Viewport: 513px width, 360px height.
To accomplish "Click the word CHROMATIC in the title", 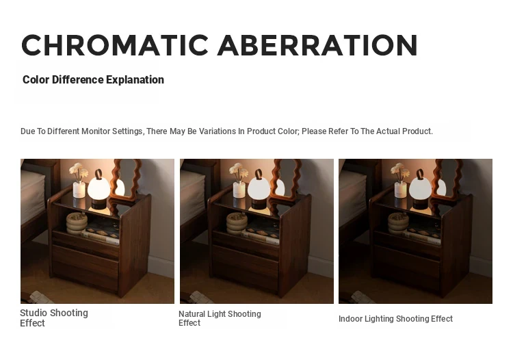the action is (x=115, y=45).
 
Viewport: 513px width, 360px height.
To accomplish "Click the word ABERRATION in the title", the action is (x=317, y=45).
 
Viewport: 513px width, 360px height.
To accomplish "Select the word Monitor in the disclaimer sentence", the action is (x=96, y=131).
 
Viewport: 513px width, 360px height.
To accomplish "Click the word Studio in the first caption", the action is (x=34, y=313).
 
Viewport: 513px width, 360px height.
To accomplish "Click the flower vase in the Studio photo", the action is (x=79, y=181).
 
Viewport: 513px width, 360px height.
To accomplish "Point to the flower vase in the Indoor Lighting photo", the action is (x=400, y=181).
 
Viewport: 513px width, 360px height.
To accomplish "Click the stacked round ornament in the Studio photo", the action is (x=77, y=224).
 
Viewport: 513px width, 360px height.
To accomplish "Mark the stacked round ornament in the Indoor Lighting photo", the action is (x=398, y=224).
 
